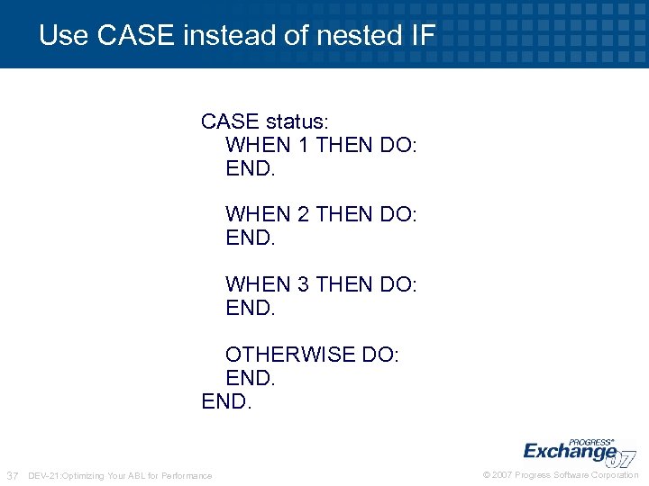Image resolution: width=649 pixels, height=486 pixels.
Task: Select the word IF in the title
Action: [x=422, y=36]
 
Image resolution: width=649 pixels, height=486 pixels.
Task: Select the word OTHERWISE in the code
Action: [x=290, y=355]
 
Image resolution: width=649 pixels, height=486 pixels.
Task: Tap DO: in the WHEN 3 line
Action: [x=398, y=284]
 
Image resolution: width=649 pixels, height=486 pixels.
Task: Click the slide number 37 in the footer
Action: [x=13, y=475]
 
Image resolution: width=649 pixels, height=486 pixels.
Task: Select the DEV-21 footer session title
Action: [x=121, y=475]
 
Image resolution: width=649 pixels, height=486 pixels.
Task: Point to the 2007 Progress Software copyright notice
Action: [x=561, y=475]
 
